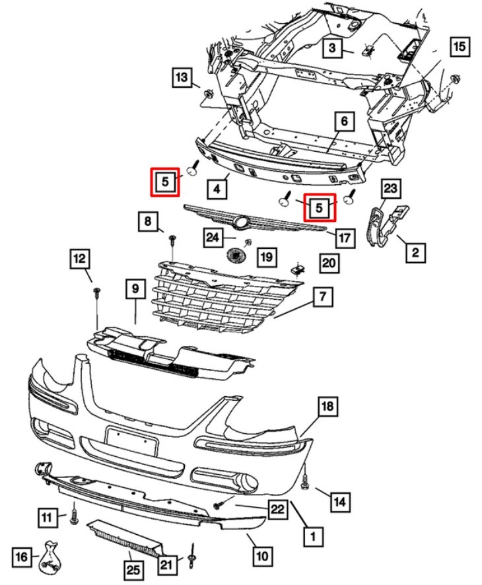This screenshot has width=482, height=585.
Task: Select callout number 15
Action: (x=459, y=47)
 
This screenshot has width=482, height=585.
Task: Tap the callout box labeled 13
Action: (x=182, y=77)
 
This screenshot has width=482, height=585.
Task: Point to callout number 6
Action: (x=344, y=121)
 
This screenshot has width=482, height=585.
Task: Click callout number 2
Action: (x=415, y=252)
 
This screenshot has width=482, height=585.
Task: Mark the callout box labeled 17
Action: (x=344, y=236)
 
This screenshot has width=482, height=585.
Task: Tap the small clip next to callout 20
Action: (x=298, y=269)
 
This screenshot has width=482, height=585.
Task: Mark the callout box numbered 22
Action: (x=278, y=508)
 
